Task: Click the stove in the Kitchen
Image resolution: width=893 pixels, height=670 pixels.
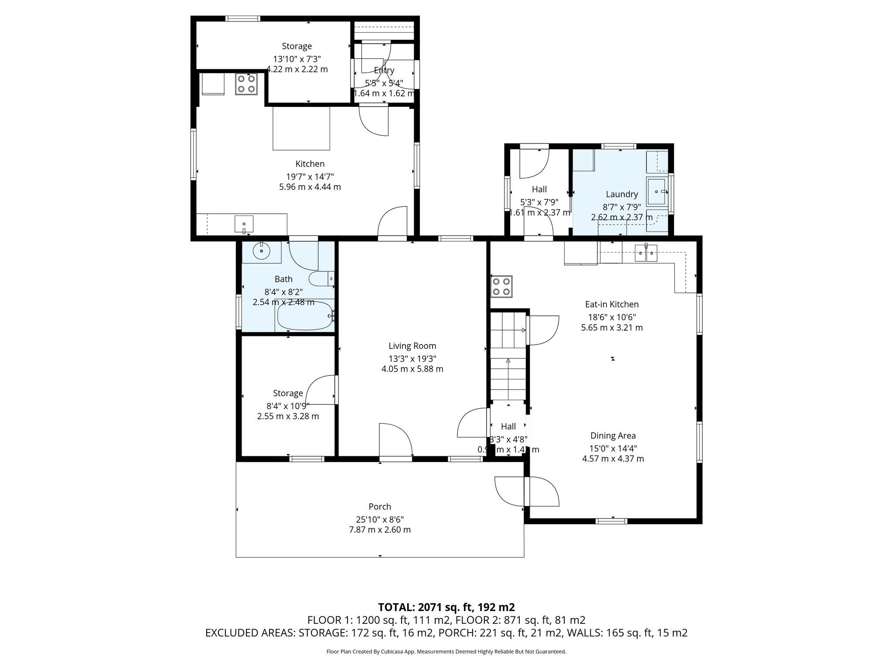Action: coord(245,84)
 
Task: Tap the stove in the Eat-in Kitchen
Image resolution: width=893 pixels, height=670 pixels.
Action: coord(501,287)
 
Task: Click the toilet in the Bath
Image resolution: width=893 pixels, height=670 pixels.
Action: coord(321,279)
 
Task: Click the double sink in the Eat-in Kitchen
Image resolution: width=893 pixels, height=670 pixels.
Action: coord(646,253)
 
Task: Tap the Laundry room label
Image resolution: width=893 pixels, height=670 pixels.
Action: coord(621,195)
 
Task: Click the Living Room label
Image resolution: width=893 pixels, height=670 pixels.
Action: coord(412,346)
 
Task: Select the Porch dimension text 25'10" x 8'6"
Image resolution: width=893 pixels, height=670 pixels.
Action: coord(379,520)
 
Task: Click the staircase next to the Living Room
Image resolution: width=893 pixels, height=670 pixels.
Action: coord(508,356)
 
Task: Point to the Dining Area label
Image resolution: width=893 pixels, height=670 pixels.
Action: coord(613,435)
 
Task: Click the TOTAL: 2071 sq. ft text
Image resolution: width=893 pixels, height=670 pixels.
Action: coord(446,607)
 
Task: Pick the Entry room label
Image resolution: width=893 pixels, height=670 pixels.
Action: coord(384,70)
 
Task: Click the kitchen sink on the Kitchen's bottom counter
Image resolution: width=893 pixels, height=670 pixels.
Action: coord(244,224)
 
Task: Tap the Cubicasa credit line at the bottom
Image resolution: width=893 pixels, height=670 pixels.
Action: coord(446,652)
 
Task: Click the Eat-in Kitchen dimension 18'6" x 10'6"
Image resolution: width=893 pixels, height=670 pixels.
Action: coord(612,318)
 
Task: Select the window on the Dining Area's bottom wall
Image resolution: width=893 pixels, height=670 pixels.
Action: coord(611,521)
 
